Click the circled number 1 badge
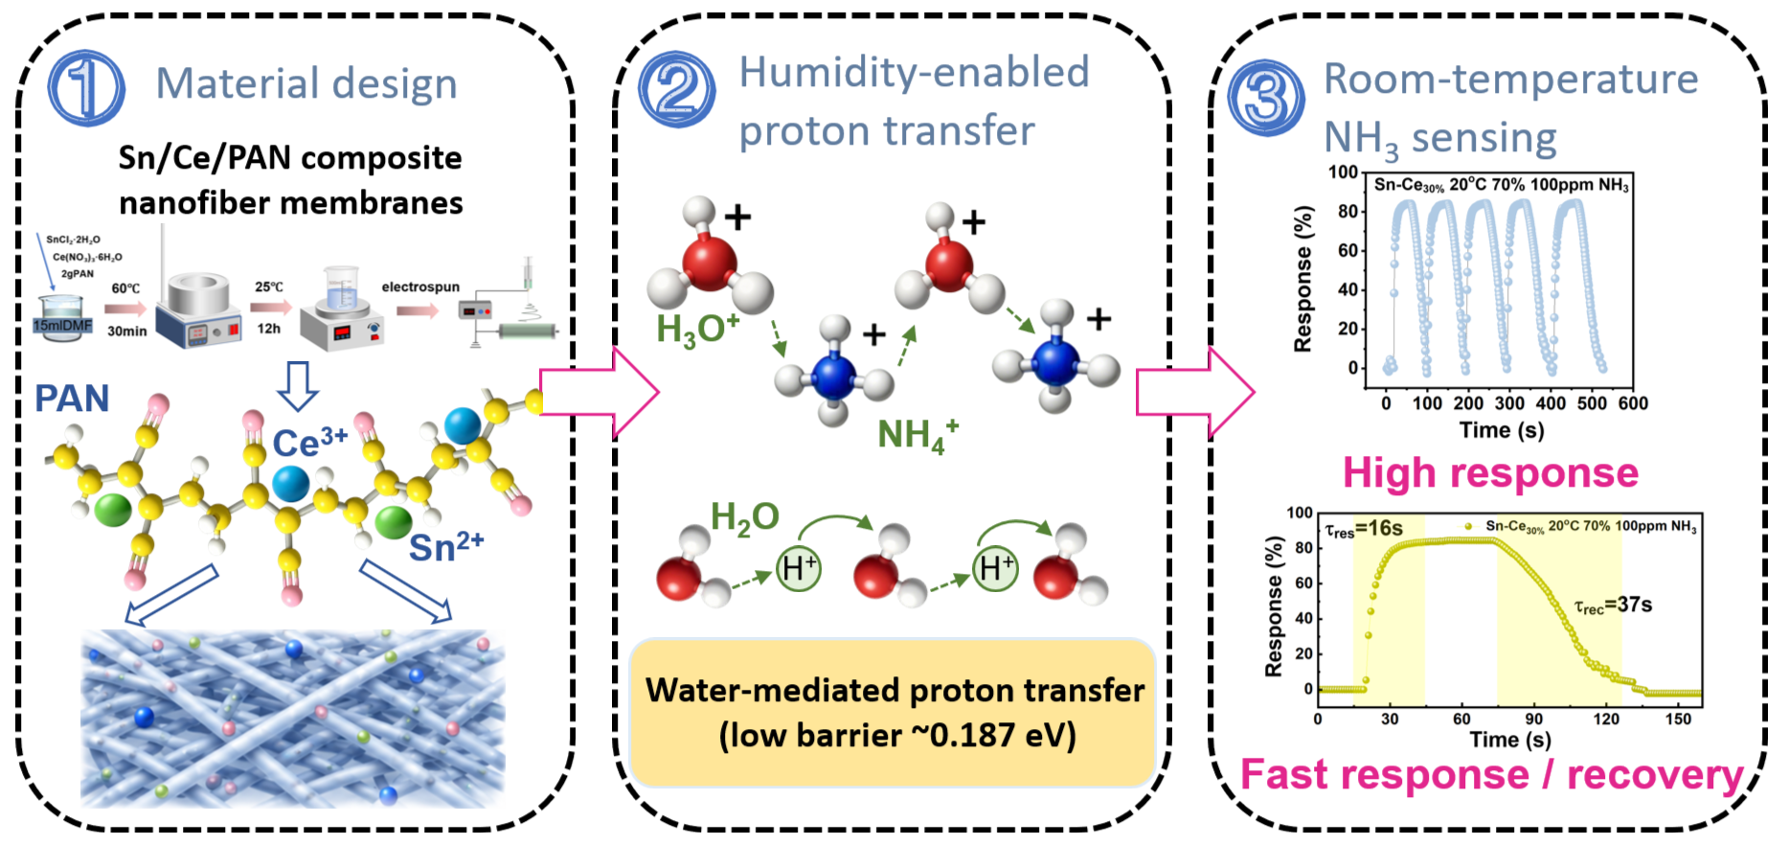pos(86,87)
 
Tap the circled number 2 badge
pos(677,89)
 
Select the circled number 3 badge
pos(1266,98)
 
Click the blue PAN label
pos(72,399)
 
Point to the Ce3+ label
pos(310,442)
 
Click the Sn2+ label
pos(446,546)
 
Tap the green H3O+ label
pos(697,329)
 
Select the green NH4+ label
pos(917,435)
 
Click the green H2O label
pos(744,518)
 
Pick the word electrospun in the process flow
pos(420,286)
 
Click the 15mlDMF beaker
pos(63,318)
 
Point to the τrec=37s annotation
pos(1613,605)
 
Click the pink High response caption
pos(1490,472)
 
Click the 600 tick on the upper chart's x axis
pos(1633,403)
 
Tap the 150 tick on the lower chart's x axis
pos(1678,719)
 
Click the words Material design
pos(306,84)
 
